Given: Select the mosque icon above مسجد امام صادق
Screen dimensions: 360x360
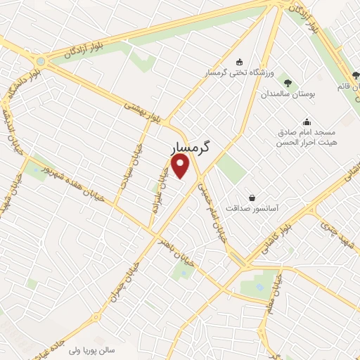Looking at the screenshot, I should coord(306,120).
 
